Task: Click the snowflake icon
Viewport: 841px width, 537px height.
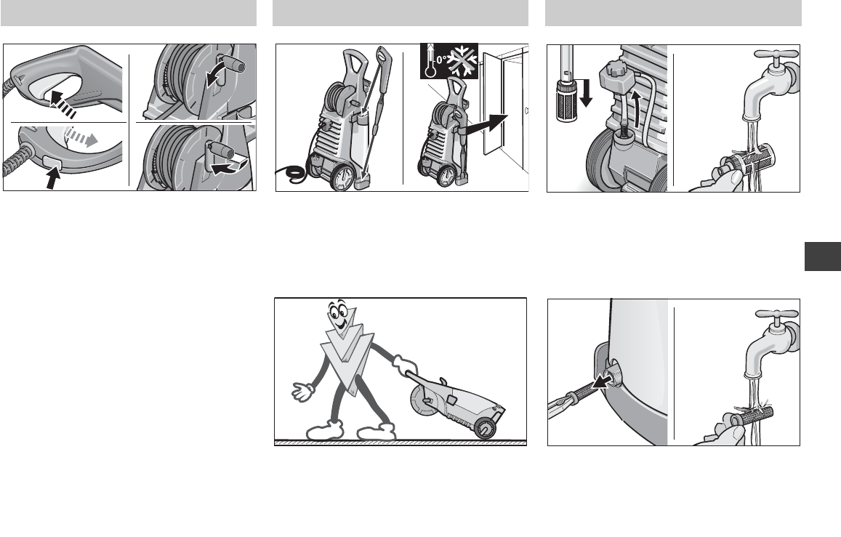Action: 462,61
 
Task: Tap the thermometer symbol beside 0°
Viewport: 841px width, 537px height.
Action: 430,61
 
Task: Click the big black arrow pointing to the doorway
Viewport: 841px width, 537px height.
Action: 486,125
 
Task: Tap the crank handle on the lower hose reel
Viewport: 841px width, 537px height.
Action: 222,150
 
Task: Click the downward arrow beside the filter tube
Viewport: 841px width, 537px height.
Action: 586,92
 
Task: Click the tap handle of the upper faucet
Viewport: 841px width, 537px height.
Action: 776,54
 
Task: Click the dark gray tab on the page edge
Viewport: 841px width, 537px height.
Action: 823,257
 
